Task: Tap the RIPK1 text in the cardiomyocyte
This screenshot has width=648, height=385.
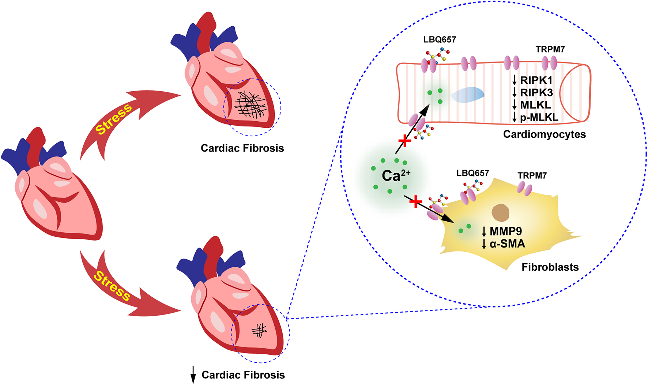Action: pos(536,80)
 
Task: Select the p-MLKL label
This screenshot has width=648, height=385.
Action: pos(539,117)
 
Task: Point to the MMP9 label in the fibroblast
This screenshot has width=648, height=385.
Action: pos(506,231)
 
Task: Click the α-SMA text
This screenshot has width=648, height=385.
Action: pos(507,244)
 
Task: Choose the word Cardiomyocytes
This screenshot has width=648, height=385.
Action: pos(544,134)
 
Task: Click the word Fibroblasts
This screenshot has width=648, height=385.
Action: pos(550,267)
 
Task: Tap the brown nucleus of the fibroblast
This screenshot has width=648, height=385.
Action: pos(500,213)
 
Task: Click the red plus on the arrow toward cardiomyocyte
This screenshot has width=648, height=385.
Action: pos(404,141)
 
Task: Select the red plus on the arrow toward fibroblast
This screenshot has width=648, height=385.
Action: pos(416,201)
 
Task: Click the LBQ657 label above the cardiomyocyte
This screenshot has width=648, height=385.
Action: pos(440,39)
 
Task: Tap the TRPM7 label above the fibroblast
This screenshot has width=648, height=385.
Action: pos(532,176)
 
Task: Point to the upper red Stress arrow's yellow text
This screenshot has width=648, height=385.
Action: pos(113,119)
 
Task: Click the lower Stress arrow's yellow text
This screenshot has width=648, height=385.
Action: pos(112,286)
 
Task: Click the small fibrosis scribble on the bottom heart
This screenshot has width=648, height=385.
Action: pos(259,331)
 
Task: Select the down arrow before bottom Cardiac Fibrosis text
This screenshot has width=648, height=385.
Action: pos(193,375)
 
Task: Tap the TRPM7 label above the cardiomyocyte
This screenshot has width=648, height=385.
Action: pos(550,49)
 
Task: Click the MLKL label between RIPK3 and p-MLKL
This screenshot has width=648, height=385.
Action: pos(535,105)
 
